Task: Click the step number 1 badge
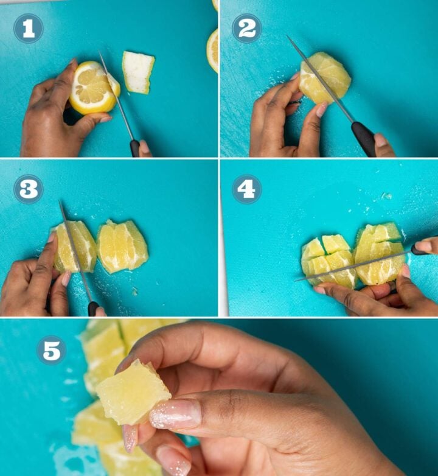pos(28,29)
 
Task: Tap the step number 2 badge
pos(246,29)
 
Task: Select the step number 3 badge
pos(28,189)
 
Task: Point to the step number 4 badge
pos(246,189)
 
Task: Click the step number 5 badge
pos(51,350)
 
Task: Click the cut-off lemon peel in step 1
pos(137,72)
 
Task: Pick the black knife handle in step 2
pos(364,138)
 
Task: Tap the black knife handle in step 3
pos(93,309)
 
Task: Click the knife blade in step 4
pos(353,265)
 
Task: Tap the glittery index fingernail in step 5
pos(175,414)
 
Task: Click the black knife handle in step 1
pos(134,148)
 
